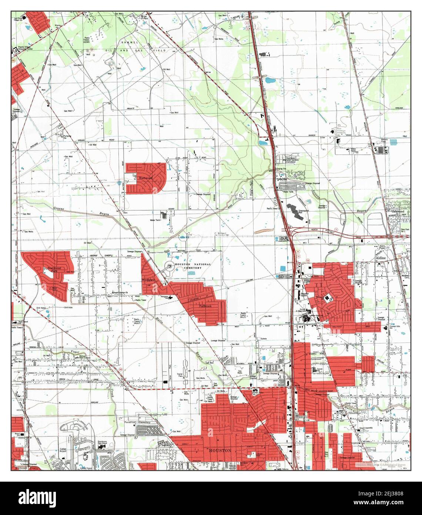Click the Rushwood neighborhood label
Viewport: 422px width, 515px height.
(x=145, y=178)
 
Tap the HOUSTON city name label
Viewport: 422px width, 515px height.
(x=220, y=450)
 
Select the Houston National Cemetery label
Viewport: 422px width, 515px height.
(x=193, y=266)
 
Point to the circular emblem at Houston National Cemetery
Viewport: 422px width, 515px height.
(x=170, y=265)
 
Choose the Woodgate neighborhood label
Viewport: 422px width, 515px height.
(x=148, y=280)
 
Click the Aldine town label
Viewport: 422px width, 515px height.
(x=381, y=257)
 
